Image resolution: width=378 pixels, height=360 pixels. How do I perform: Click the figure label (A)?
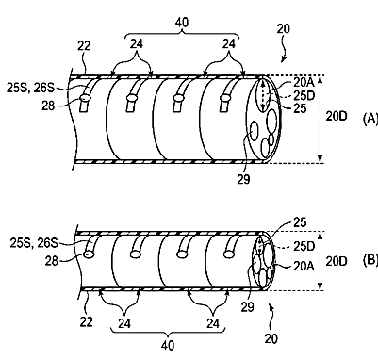(x=370, y=119)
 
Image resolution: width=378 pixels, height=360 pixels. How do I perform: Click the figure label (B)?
(x=370, y=260)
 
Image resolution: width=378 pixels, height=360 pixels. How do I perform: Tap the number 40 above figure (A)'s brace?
(x=182, y=23)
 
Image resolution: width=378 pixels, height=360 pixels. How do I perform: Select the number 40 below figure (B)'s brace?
(x=168, y=346)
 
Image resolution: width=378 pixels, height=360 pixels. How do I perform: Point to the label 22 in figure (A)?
(x=84, y=46)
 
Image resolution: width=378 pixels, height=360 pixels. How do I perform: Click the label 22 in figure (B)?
(x=86, y=322)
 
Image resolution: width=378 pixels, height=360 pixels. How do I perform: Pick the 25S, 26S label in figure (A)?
(x=30, y=88)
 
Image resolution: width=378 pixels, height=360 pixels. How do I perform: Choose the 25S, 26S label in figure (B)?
(x=34, y=243)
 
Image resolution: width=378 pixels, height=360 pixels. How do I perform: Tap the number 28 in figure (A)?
(x=48, y=106)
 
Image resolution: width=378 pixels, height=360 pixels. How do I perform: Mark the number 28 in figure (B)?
(x=52, y=261)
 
